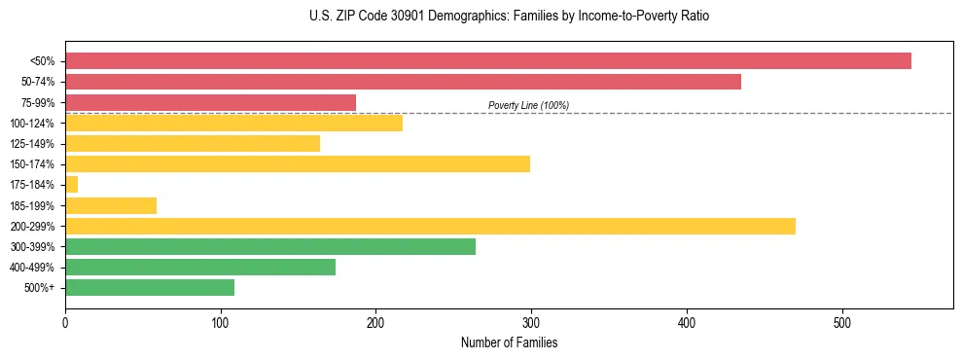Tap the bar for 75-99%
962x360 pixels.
pyautogui.click(x=210, y=102)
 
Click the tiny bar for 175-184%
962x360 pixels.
pyautogui.click(x=71, y=185)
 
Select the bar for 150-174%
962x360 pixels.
pyautogui.click(x=298, y=164)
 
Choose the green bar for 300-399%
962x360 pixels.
pyautogui.click(x=270, y=247)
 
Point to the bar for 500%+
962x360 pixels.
pyautogui.click(x=150, y=288)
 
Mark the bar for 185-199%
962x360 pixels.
pyautogui.click(x=111, y=205)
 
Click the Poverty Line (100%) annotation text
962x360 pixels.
pyautogui.click(x=528, y=105)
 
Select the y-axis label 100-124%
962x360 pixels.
pyautogui.click(x=32, y=124)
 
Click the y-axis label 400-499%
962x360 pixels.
pyautogui.click(x=32, y=268)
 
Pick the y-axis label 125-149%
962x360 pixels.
pyautogui.click(x=32, y=144)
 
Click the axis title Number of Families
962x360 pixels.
pyautogui.click(x=509, y=342)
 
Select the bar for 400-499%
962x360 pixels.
pyautogui.click(x=200, y=268)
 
